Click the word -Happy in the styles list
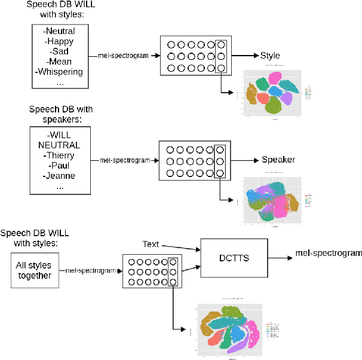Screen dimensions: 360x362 click(60, 41)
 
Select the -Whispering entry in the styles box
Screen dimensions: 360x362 click(60, 72)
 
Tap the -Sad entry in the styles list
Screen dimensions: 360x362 click(60, 51)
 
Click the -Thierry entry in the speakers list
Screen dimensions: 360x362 click(60, 155)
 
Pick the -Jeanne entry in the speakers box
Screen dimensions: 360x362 click(60, 176)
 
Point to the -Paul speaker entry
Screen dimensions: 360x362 click(60, 166)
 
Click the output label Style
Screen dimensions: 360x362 click(270, 56)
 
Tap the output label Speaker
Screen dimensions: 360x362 click(278, 160)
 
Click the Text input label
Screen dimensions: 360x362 click(151, 244)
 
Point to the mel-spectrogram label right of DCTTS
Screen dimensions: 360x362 click(329, 253)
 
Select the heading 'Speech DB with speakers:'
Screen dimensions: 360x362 click(60, 114)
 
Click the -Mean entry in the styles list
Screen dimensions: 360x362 click(60, 62)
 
